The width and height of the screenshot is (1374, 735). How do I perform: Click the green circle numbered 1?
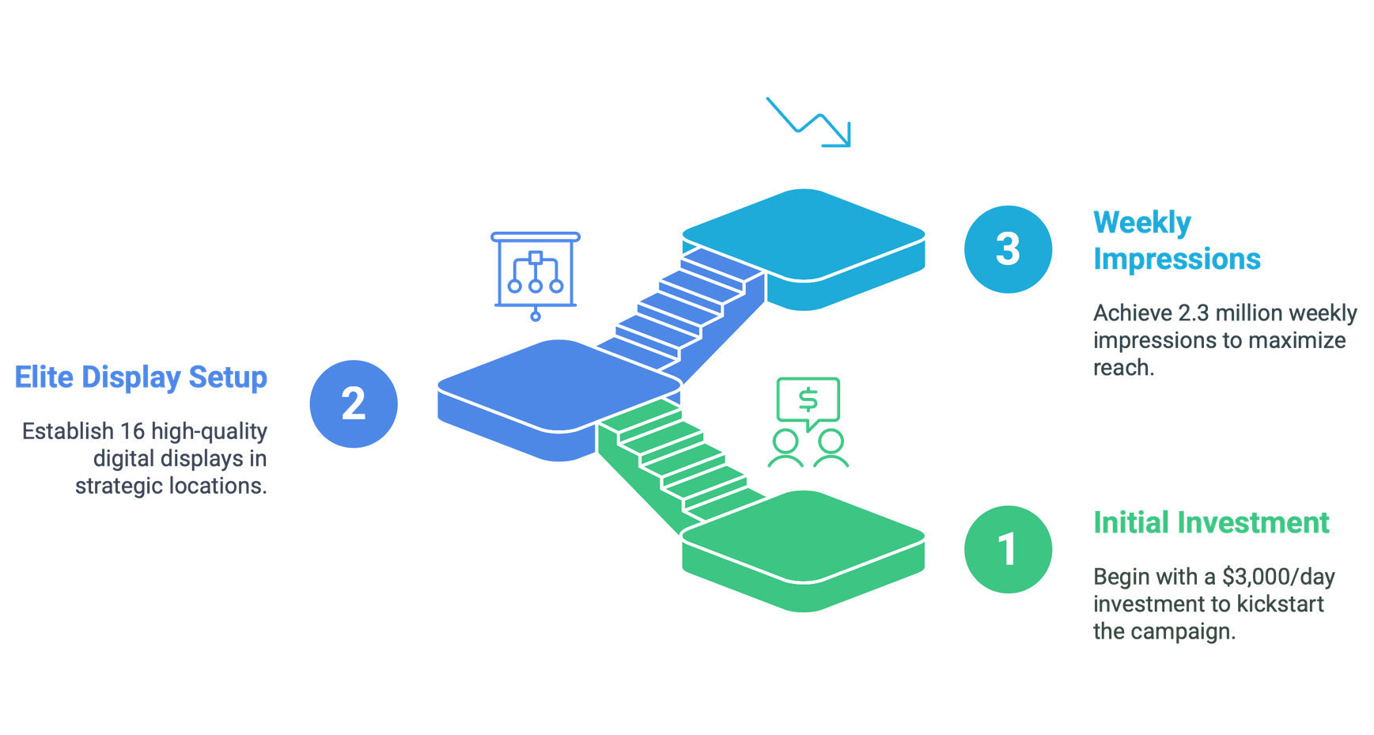point(1008,549)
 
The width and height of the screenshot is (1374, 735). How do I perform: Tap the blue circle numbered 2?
point(354,403)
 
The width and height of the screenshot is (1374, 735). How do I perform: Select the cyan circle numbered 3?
point(1008,249)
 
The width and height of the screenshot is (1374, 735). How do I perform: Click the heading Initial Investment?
point(1211,523)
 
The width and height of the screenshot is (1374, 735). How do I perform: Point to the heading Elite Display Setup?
point(141,377)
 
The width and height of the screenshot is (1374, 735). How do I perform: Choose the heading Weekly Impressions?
point(1177,241)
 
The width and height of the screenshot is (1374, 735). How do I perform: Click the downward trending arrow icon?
point(808,122)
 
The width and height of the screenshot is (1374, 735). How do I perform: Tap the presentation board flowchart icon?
point(536,276)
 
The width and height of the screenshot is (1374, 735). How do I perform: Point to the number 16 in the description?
point(132,431)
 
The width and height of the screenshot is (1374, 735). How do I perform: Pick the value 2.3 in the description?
point(1194,313)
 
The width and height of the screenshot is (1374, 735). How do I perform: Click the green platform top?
point(804,536)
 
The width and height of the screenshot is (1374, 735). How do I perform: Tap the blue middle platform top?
point(559,386)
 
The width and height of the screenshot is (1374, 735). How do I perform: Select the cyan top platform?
point(804,235)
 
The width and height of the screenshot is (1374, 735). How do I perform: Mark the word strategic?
point(119,486)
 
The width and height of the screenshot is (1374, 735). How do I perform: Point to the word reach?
point(1123,368)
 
